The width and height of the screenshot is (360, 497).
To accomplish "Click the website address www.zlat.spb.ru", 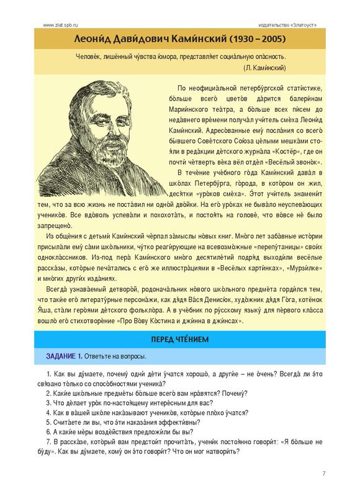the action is pyautogui.click(x=61, y=24).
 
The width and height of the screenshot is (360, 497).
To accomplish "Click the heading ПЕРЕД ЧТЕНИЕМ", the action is pyautogui.click(x=180, y=339).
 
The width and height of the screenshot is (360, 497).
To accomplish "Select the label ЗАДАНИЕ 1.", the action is pyautogui.click(x=64, y=357).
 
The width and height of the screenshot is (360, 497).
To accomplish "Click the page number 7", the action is pyautogui.click(x=324, y=474).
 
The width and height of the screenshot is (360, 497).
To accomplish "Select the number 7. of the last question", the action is pyautogui.click(x=50, y=442).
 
